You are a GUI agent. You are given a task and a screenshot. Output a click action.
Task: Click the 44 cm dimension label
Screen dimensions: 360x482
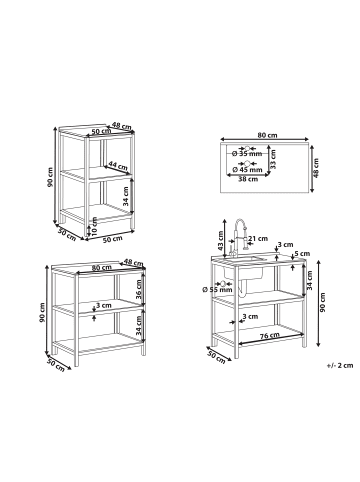coord(118,165)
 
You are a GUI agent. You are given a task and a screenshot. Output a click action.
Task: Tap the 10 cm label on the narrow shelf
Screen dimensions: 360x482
coord(94,225)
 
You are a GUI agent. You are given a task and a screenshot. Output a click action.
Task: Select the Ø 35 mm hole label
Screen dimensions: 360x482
coord(247,154)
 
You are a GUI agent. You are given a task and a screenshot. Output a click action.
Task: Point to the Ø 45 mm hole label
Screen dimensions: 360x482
coord(247,170)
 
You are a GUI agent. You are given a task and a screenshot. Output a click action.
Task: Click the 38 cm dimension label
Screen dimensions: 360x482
coord(248,179)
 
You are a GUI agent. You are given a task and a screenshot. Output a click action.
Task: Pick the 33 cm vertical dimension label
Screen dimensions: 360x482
coord(273,159)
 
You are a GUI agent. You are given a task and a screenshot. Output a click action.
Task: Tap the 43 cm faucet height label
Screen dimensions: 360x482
coord(220,240)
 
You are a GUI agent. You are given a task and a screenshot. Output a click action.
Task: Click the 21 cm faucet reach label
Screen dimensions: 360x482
coord(258,238)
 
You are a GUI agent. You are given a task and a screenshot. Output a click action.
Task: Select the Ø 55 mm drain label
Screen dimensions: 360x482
coord(217,290)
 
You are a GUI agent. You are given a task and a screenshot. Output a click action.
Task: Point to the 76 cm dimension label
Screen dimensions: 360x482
coord(270,336)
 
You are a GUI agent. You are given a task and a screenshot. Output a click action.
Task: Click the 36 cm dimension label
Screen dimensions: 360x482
coord(139,289)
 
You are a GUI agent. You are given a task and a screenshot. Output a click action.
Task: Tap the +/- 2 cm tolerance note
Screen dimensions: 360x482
coord(340,365)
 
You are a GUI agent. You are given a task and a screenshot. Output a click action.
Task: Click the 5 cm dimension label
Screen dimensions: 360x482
coord(303,254)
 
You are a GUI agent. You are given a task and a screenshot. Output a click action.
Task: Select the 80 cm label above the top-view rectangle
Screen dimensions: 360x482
coord(267,135)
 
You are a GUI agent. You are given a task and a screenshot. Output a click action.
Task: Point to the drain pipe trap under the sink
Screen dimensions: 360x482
coord(244,288)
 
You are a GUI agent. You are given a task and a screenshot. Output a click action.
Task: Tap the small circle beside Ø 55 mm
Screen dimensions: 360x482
coord(223,283)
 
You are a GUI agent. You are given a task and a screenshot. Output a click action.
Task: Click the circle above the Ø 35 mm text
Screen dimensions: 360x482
coord(247,148)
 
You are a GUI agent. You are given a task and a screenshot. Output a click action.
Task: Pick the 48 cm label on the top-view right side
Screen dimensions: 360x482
coord(316,168)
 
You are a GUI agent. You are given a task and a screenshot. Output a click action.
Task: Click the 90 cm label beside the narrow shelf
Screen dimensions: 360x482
coord(50,177)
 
